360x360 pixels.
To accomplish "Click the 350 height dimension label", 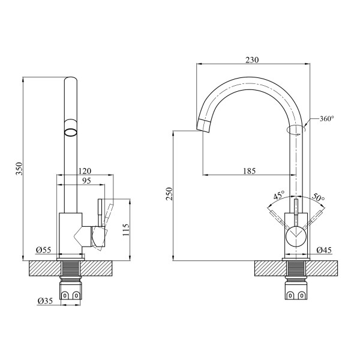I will pos(19,170).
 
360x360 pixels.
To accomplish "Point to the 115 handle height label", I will pos(126,230).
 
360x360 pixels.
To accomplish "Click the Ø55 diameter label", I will pos(42,250).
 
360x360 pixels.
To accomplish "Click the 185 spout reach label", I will pos(249,171).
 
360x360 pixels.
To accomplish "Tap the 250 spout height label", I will pos(169,195).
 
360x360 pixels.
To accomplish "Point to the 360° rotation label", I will pos(327,119).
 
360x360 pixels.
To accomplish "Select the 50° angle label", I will pos(318,197).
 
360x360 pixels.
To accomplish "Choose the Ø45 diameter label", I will pos(324,250).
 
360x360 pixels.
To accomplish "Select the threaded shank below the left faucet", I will pos(71,269).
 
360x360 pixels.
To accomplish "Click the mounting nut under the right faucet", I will pos(296,293).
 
